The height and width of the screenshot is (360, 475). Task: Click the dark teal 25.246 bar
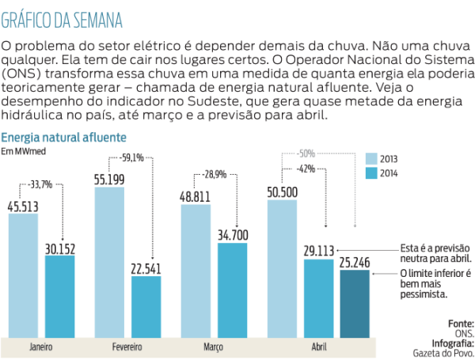[x=354, y=305]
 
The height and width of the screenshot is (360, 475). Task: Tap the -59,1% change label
[x=131, y=157]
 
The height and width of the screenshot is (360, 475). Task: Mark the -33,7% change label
[x=40, y=185]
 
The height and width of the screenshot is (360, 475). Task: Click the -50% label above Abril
[x=306, y=153]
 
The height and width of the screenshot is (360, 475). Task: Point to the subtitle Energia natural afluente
[x=64, y=137]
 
